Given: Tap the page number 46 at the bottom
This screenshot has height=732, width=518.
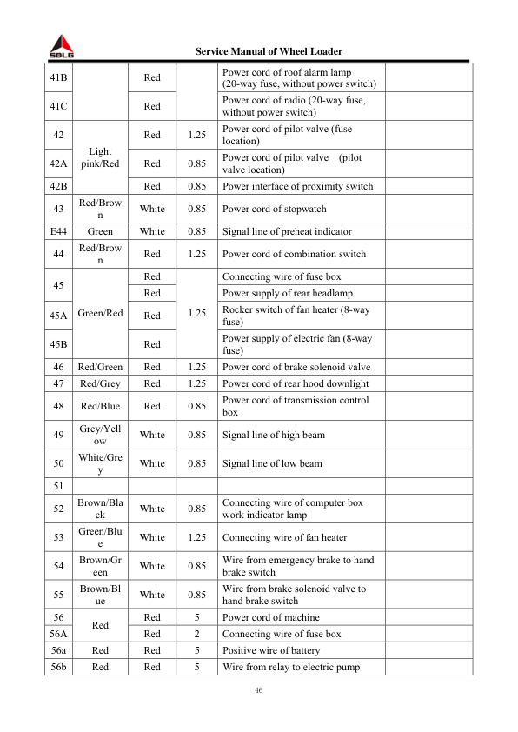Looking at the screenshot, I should pyautogui.click(x=258, y=690).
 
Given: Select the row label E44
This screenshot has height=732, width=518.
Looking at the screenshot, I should pyautogui.click(x=59, y=231).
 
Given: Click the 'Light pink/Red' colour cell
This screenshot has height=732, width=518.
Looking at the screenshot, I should pyautogui.click(x=100, y=157).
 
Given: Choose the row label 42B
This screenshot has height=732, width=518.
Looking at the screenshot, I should pyautogui.click(x=59, y=186).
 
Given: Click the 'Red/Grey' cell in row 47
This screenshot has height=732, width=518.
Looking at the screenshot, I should pyautogui.click(x=100, y=383).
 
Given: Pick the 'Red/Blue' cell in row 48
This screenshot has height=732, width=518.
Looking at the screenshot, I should pyautogui.click(x=100, y=406).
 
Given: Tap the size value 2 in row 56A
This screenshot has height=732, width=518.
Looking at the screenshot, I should pyautogui.click(x=197, y=634).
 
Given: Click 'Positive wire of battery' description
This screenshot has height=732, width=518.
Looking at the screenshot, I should pyautogui.click(x=271, y=650).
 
